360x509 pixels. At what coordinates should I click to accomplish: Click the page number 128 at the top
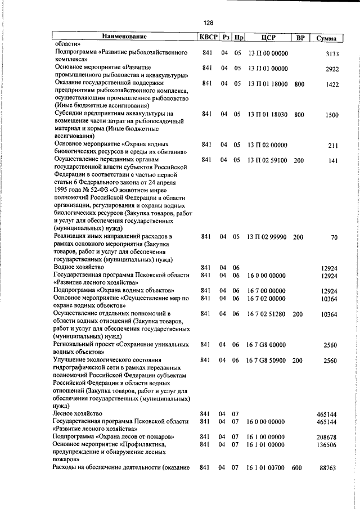(208, 22)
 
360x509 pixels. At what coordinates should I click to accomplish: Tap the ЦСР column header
(267, 38)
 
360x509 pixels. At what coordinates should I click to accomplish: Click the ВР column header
(300, 38)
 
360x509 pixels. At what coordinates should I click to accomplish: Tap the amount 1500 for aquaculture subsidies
(331, 115)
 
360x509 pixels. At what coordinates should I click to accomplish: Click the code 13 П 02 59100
(267, 160)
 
